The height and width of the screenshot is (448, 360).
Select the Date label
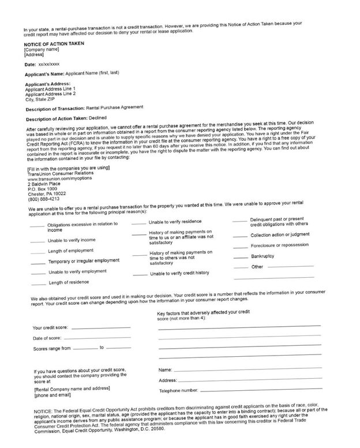coord(30,65)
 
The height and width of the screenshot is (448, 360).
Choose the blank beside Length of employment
coord(37,251)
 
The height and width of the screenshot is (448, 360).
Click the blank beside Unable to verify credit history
coord(141,273)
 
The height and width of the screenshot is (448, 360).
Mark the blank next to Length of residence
coord(38,283)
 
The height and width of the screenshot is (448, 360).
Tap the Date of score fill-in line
coord(99,338)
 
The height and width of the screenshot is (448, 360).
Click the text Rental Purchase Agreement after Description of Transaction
coord(114,107)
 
